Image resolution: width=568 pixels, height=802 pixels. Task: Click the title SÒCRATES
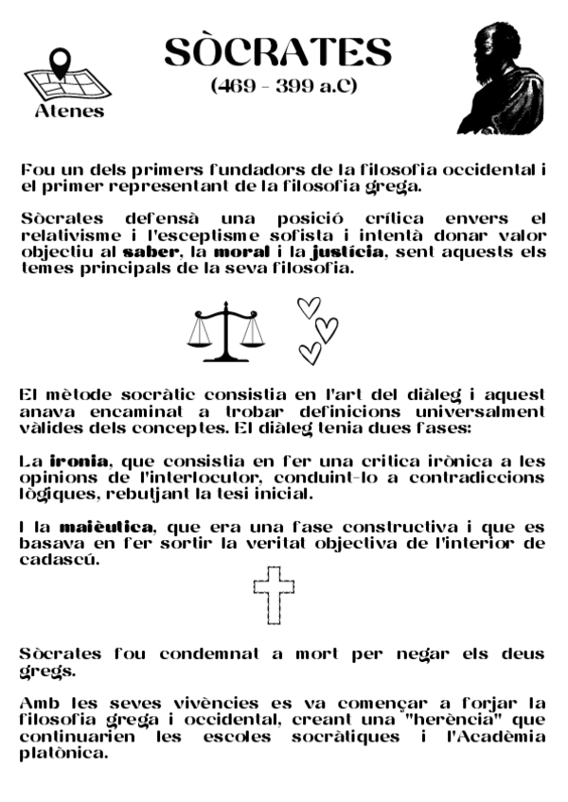pos(277,53)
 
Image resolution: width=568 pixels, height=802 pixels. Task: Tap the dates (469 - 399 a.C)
pos(283,87)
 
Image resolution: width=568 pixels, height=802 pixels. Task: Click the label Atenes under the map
pos(69,111)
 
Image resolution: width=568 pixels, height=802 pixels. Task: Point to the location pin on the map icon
pos(62,62)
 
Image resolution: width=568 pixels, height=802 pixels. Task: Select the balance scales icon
pos(226,331)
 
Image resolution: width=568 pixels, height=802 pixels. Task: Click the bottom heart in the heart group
pos(310,353)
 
